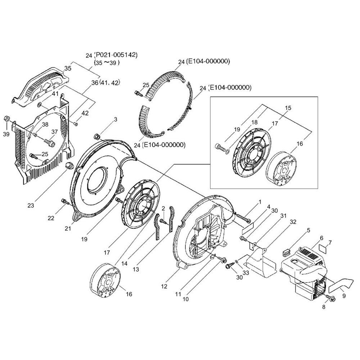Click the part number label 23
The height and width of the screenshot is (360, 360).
point(31,206)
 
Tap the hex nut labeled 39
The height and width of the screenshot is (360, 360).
point(7,119)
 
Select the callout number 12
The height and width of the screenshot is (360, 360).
point(164,287)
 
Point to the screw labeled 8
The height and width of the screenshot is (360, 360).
point(331,298)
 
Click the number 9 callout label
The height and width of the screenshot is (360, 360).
point(344,296)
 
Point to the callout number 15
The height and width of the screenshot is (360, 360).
point(288,108)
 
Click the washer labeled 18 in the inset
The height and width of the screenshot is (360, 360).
point(228,151)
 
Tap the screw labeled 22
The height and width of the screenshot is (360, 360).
point(65,202)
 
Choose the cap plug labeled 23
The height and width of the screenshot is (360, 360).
point(69,165)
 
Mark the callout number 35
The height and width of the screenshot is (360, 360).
point(68,68)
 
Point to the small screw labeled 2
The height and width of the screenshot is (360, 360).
point(163,221)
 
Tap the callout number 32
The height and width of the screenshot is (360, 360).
point(293,222)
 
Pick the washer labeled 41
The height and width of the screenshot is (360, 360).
point(39,105)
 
